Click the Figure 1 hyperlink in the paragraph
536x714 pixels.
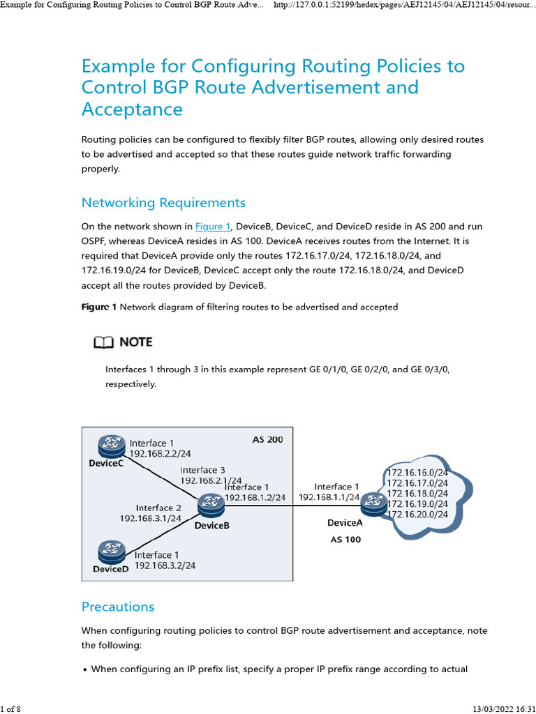(213, 227)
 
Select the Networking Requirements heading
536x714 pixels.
(163, 203)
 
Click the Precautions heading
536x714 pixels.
(118, 607)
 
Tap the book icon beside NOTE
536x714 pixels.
(102, 342)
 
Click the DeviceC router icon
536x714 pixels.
(110, 443)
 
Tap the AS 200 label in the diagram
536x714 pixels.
(267, 440)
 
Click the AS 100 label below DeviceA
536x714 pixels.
(345, 539)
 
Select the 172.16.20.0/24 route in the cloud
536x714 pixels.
(417, 514)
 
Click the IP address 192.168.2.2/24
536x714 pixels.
(161, 454)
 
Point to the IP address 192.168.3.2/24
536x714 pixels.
(165, 565)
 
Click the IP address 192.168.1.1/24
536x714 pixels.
(329, 497)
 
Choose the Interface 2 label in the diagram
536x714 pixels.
(158, 508)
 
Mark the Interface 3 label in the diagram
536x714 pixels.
(202, 470)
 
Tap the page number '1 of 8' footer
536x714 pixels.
(10, 708)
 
